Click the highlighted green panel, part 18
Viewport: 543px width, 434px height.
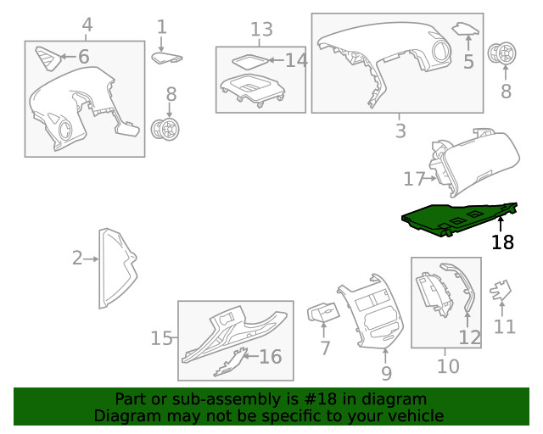coord(457,219)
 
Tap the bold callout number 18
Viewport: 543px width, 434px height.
coord(502,242)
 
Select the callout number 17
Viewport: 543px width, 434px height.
coord(414,179)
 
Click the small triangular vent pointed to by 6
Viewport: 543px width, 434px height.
coord(48,58)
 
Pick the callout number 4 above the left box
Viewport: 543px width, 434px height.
coord(87,25)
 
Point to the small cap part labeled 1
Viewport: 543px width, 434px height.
coord(166,58)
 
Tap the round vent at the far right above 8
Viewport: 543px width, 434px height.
coord(501,54)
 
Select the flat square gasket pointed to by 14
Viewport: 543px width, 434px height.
coord(250,61)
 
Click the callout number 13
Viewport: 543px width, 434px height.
coord(261,30)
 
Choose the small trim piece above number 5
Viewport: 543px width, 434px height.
coord(466,29)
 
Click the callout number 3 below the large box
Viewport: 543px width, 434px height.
coord(400,131)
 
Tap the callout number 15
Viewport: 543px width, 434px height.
coord(161,338)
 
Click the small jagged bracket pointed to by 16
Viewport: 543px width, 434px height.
coord(230,364)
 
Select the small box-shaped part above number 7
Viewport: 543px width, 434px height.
coord(323,313)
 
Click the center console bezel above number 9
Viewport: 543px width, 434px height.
coord(371,311)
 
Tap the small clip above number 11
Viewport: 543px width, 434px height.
coord(501,290)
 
